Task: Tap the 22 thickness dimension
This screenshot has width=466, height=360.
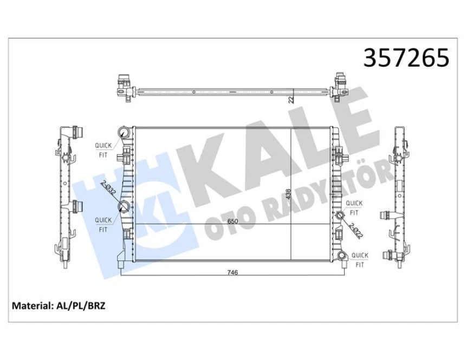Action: pos(291,99)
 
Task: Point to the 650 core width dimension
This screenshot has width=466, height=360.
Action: pos(232,221)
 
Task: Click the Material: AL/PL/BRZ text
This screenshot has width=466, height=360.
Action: pos(59,306)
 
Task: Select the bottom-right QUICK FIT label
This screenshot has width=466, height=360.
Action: pos(359,259)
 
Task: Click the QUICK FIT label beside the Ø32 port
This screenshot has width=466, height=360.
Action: pos(103,224)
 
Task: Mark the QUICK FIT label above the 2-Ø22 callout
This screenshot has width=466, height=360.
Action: pos(354,207)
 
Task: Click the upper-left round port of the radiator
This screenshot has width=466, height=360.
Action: pos(124,133)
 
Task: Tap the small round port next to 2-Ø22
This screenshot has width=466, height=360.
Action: pos(340,217)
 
